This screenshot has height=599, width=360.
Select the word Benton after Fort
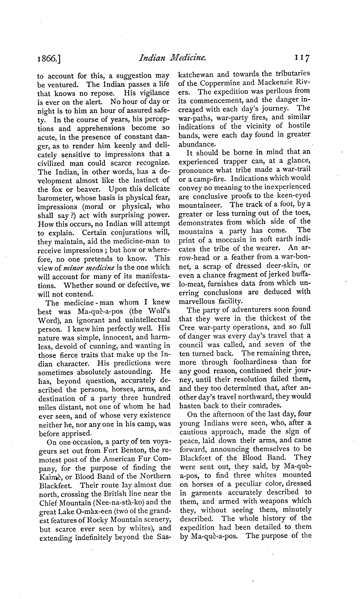(x=134, y=450)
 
